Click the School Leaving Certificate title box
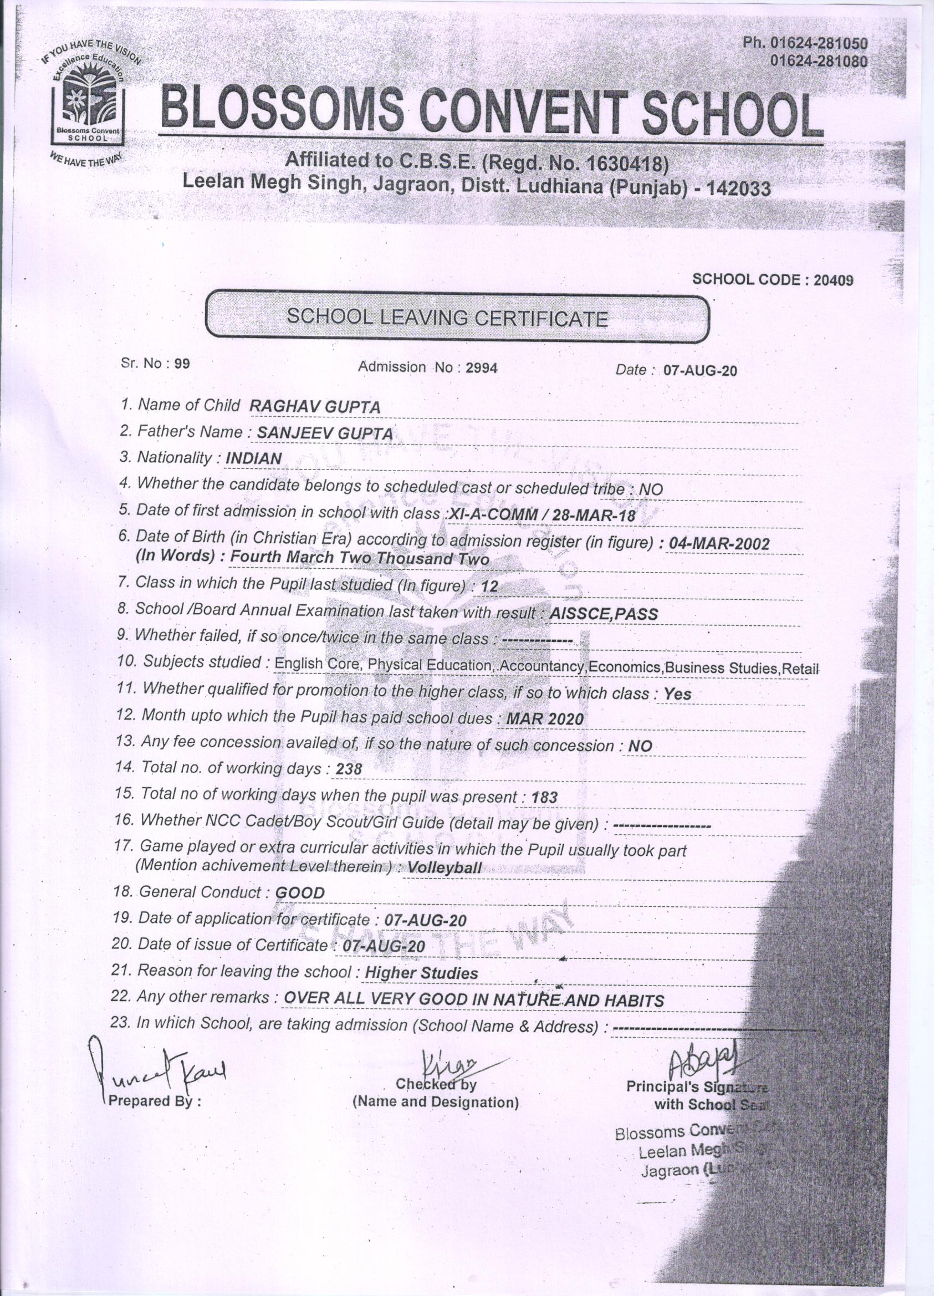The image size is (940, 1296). pos(456,317)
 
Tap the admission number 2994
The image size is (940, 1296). pos(482,369)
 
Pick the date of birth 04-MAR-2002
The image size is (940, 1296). pos(719,543)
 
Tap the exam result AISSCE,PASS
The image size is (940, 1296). pos(602,614)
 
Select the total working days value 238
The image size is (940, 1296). pos(349,770)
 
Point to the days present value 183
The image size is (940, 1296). pos(544,797)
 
